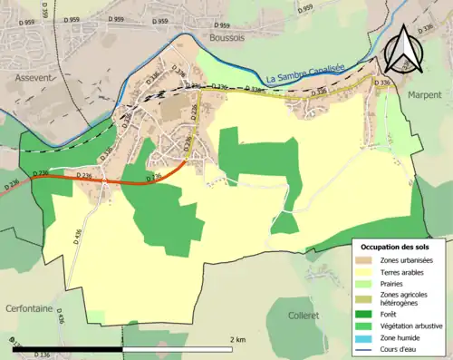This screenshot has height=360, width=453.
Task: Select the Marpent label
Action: pos(424,94)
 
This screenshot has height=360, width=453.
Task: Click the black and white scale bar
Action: pos(122,348)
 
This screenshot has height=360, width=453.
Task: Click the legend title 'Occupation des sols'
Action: pos(397,247)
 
